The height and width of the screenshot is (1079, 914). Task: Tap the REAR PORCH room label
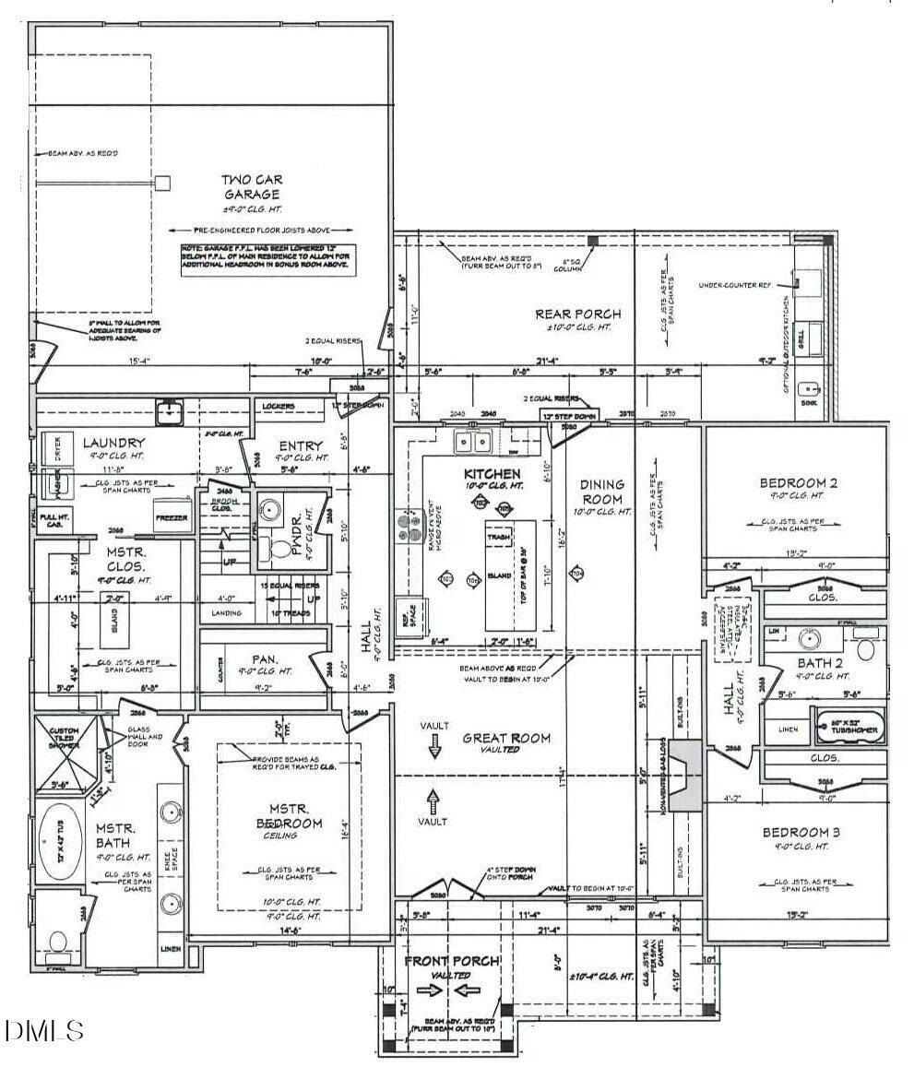coord(578,314)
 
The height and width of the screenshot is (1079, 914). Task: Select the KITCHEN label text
coord(492,473)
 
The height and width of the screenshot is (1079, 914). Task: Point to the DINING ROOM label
coord(601,491)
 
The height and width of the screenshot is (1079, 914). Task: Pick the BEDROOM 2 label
coord(799,482)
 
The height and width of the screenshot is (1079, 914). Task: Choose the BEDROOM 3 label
coord(801,833)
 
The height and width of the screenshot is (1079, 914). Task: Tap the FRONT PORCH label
coord(452,961)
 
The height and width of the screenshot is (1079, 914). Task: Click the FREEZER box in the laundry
coord(172,516)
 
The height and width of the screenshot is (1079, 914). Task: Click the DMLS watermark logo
coord(42,1029)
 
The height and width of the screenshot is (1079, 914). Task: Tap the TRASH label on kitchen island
coord(499,536)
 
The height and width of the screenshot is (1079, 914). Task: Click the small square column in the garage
coord(162,183)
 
